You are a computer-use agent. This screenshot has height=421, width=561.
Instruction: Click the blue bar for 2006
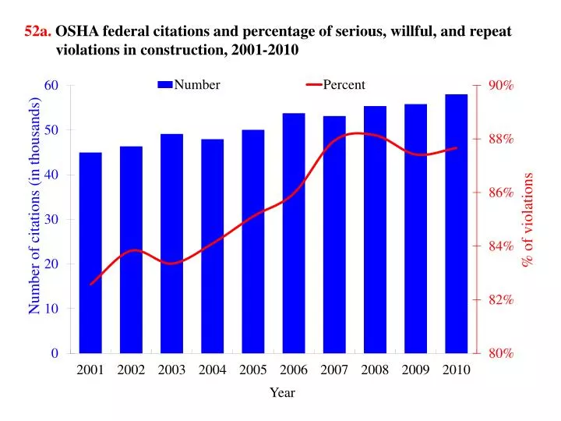pyautogui.click(x=294, y=233)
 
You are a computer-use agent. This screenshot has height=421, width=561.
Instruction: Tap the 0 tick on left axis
pyautogui.click(x=55, y=353)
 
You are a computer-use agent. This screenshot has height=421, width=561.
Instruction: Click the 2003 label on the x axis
pyautogui.click(x=171, y=370)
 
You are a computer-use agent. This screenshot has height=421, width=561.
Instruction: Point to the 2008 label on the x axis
pyautogui.click(x=375, y=370)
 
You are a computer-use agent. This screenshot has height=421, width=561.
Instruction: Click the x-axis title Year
pyautogui.click(x=282, y=393)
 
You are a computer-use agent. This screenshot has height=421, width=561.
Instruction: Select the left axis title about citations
pyautogui.click(x=34, y=207)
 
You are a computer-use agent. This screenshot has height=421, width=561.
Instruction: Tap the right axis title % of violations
pyautogui.click(x=528, y=220)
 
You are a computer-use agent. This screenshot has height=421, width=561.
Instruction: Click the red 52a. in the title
pyautogui.click(x=38, y=31)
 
